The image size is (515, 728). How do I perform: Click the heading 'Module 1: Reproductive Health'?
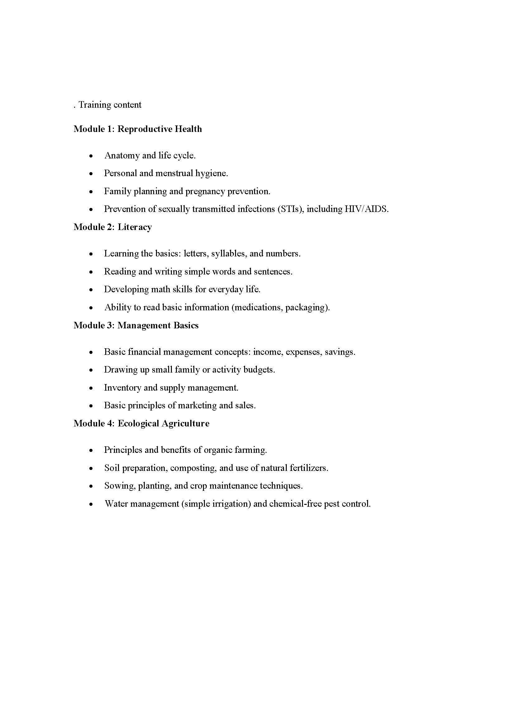[138, 129]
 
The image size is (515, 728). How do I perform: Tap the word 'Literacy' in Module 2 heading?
[135, 227]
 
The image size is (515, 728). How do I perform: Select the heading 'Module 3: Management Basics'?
[136, 325]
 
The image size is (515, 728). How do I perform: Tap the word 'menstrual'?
[174, 173]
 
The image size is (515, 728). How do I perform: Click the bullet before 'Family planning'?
[91, 191]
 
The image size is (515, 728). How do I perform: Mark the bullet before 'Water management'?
[91, 504]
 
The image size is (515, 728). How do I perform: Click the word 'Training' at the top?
[94, 105]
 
